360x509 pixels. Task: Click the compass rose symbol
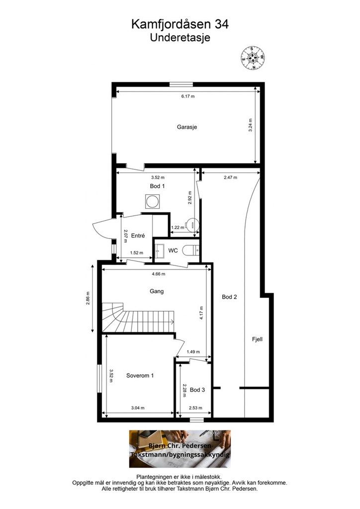click(253, 58)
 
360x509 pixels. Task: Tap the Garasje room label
click(187, 127)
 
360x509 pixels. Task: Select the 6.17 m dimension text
click(188, 96)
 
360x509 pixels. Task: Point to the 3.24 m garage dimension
click(250, 125)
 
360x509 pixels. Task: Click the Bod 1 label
click(157, 186)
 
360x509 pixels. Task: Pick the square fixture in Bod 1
click(152, 202)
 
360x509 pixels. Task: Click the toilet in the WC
click(190, 251)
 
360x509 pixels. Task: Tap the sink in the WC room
click(159, 251)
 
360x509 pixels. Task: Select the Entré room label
click(138, 236)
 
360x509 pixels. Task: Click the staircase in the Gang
click(138, 318)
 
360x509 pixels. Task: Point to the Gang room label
click(157, 291)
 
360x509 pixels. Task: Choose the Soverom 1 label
click(140, 376)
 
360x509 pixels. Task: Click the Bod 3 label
click(197, 390)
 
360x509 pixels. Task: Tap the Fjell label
click(257, 339)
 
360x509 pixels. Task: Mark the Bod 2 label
click(230, 297)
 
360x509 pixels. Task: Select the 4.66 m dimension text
click(159, 274)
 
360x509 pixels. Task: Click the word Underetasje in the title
click(180, 37)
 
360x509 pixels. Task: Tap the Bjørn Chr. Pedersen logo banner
click(180, 449)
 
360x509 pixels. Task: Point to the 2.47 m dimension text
click(231, 177)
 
